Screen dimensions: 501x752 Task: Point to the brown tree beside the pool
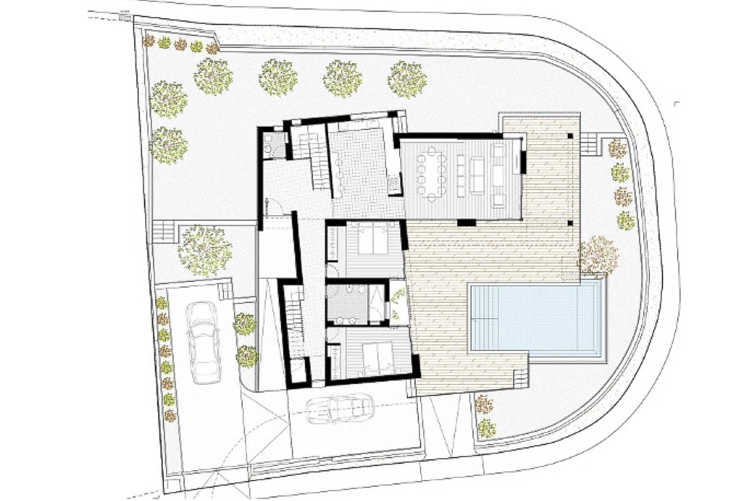(597, 257)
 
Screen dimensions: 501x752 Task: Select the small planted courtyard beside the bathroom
(398, 304)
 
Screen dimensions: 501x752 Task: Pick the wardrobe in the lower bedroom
(334, 361)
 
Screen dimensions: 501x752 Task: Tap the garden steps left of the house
(164, 231)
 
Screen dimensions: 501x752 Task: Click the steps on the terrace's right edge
(590, 143)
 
